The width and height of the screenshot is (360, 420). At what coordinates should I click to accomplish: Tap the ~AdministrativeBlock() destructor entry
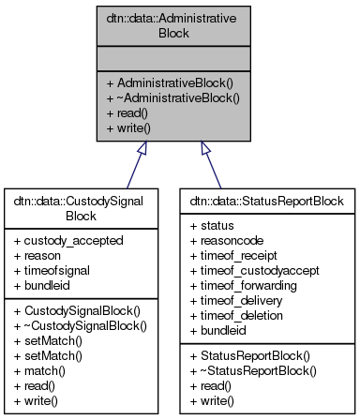tap(161, 96)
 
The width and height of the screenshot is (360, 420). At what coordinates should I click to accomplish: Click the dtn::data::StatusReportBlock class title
tap(268, 200)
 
